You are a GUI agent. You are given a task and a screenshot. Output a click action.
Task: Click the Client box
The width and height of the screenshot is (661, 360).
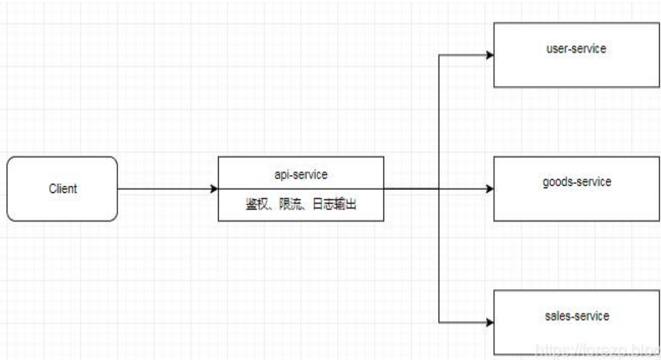tap(62, 204)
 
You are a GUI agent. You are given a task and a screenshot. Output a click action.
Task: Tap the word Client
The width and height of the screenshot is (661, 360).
tap(62, 189)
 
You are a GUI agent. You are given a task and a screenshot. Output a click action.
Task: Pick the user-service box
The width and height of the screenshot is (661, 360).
tap(576, 69)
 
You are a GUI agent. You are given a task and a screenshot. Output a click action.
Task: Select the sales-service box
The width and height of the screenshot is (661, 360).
tap(576, 334)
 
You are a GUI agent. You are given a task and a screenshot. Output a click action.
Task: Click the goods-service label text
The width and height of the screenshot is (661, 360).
tap(576, 182)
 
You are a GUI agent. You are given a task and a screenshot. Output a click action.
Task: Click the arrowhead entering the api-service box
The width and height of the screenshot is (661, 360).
tap(213, 189)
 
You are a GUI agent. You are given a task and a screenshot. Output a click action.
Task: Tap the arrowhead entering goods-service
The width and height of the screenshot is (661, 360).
tap(490, 189)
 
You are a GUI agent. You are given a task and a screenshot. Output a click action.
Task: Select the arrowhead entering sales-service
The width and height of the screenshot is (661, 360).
tap(490, 322)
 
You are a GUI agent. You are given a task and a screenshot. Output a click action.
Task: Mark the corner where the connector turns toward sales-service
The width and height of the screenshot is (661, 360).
tap(440, 322)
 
